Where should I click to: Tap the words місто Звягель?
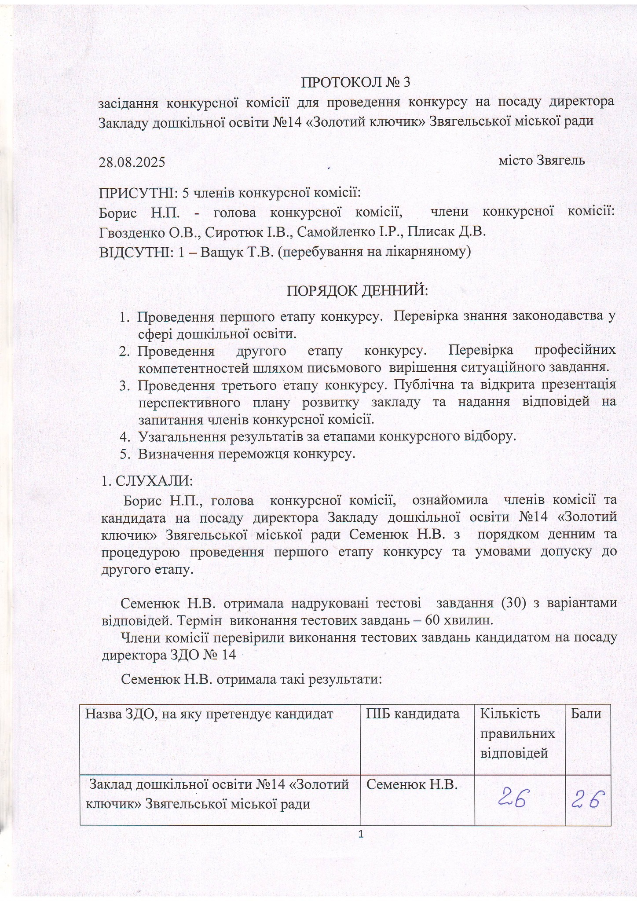click(542, 160)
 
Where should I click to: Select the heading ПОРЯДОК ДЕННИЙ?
click(357, 291)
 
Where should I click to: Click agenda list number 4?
click(124, 436)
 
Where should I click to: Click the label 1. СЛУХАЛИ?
click(147, 480)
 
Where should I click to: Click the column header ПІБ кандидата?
click(413, 714)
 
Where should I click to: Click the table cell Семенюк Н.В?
click(412, 784)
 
